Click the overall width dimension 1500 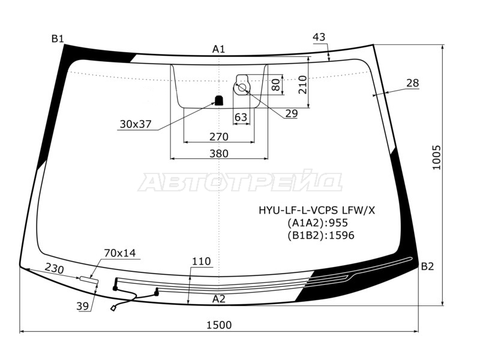219,325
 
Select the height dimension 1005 436,158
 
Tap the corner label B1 58,38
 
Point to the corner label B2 427,266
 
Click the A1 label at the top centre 219,49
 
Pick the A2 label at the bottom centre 219,299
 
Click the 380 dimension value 219,154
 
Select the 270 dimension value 219,137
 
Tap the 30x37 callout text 136,124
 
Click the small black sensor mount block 218,100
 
